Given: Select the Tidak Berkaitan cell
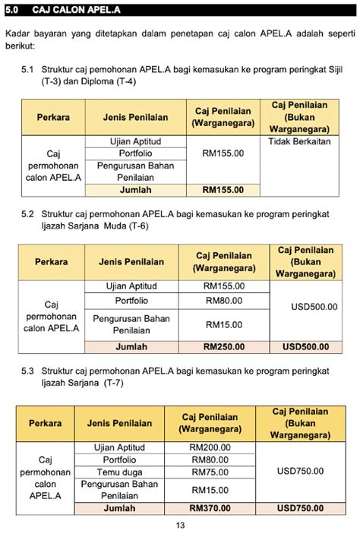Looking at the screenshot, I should tap(302, 142).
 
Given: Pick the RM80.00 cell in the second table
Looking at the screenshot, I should tap(224, 301).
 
